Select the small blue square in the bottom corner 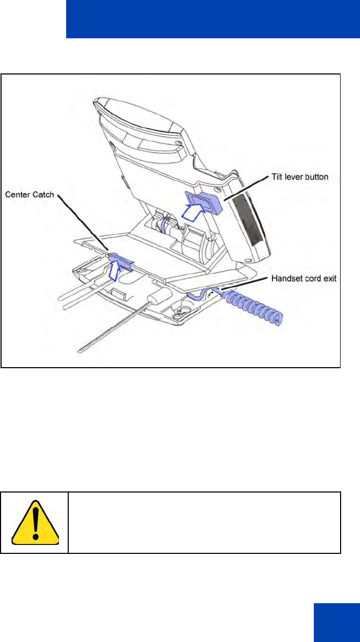(x=336, y=622)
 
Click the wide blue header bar (x=213, y=19)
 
